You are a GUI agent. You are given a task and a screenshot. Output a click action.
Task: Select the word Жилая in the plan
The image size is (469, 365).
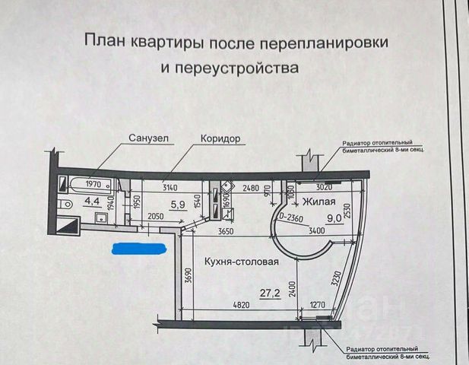[319, 202]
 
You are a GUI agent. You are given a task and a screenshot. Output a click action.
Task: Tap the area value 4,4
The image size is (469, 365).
[91, 202]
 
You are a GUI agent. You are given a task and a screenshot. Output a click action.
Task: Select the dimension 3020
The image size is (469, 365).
[325, 185]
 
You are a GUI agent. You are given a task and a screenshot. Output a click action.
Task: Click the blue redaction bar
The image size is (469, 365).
[138, 248]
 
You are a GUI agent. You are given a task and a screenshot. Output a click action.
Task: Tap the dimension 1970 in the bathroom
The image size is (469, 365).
[94, 185]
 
